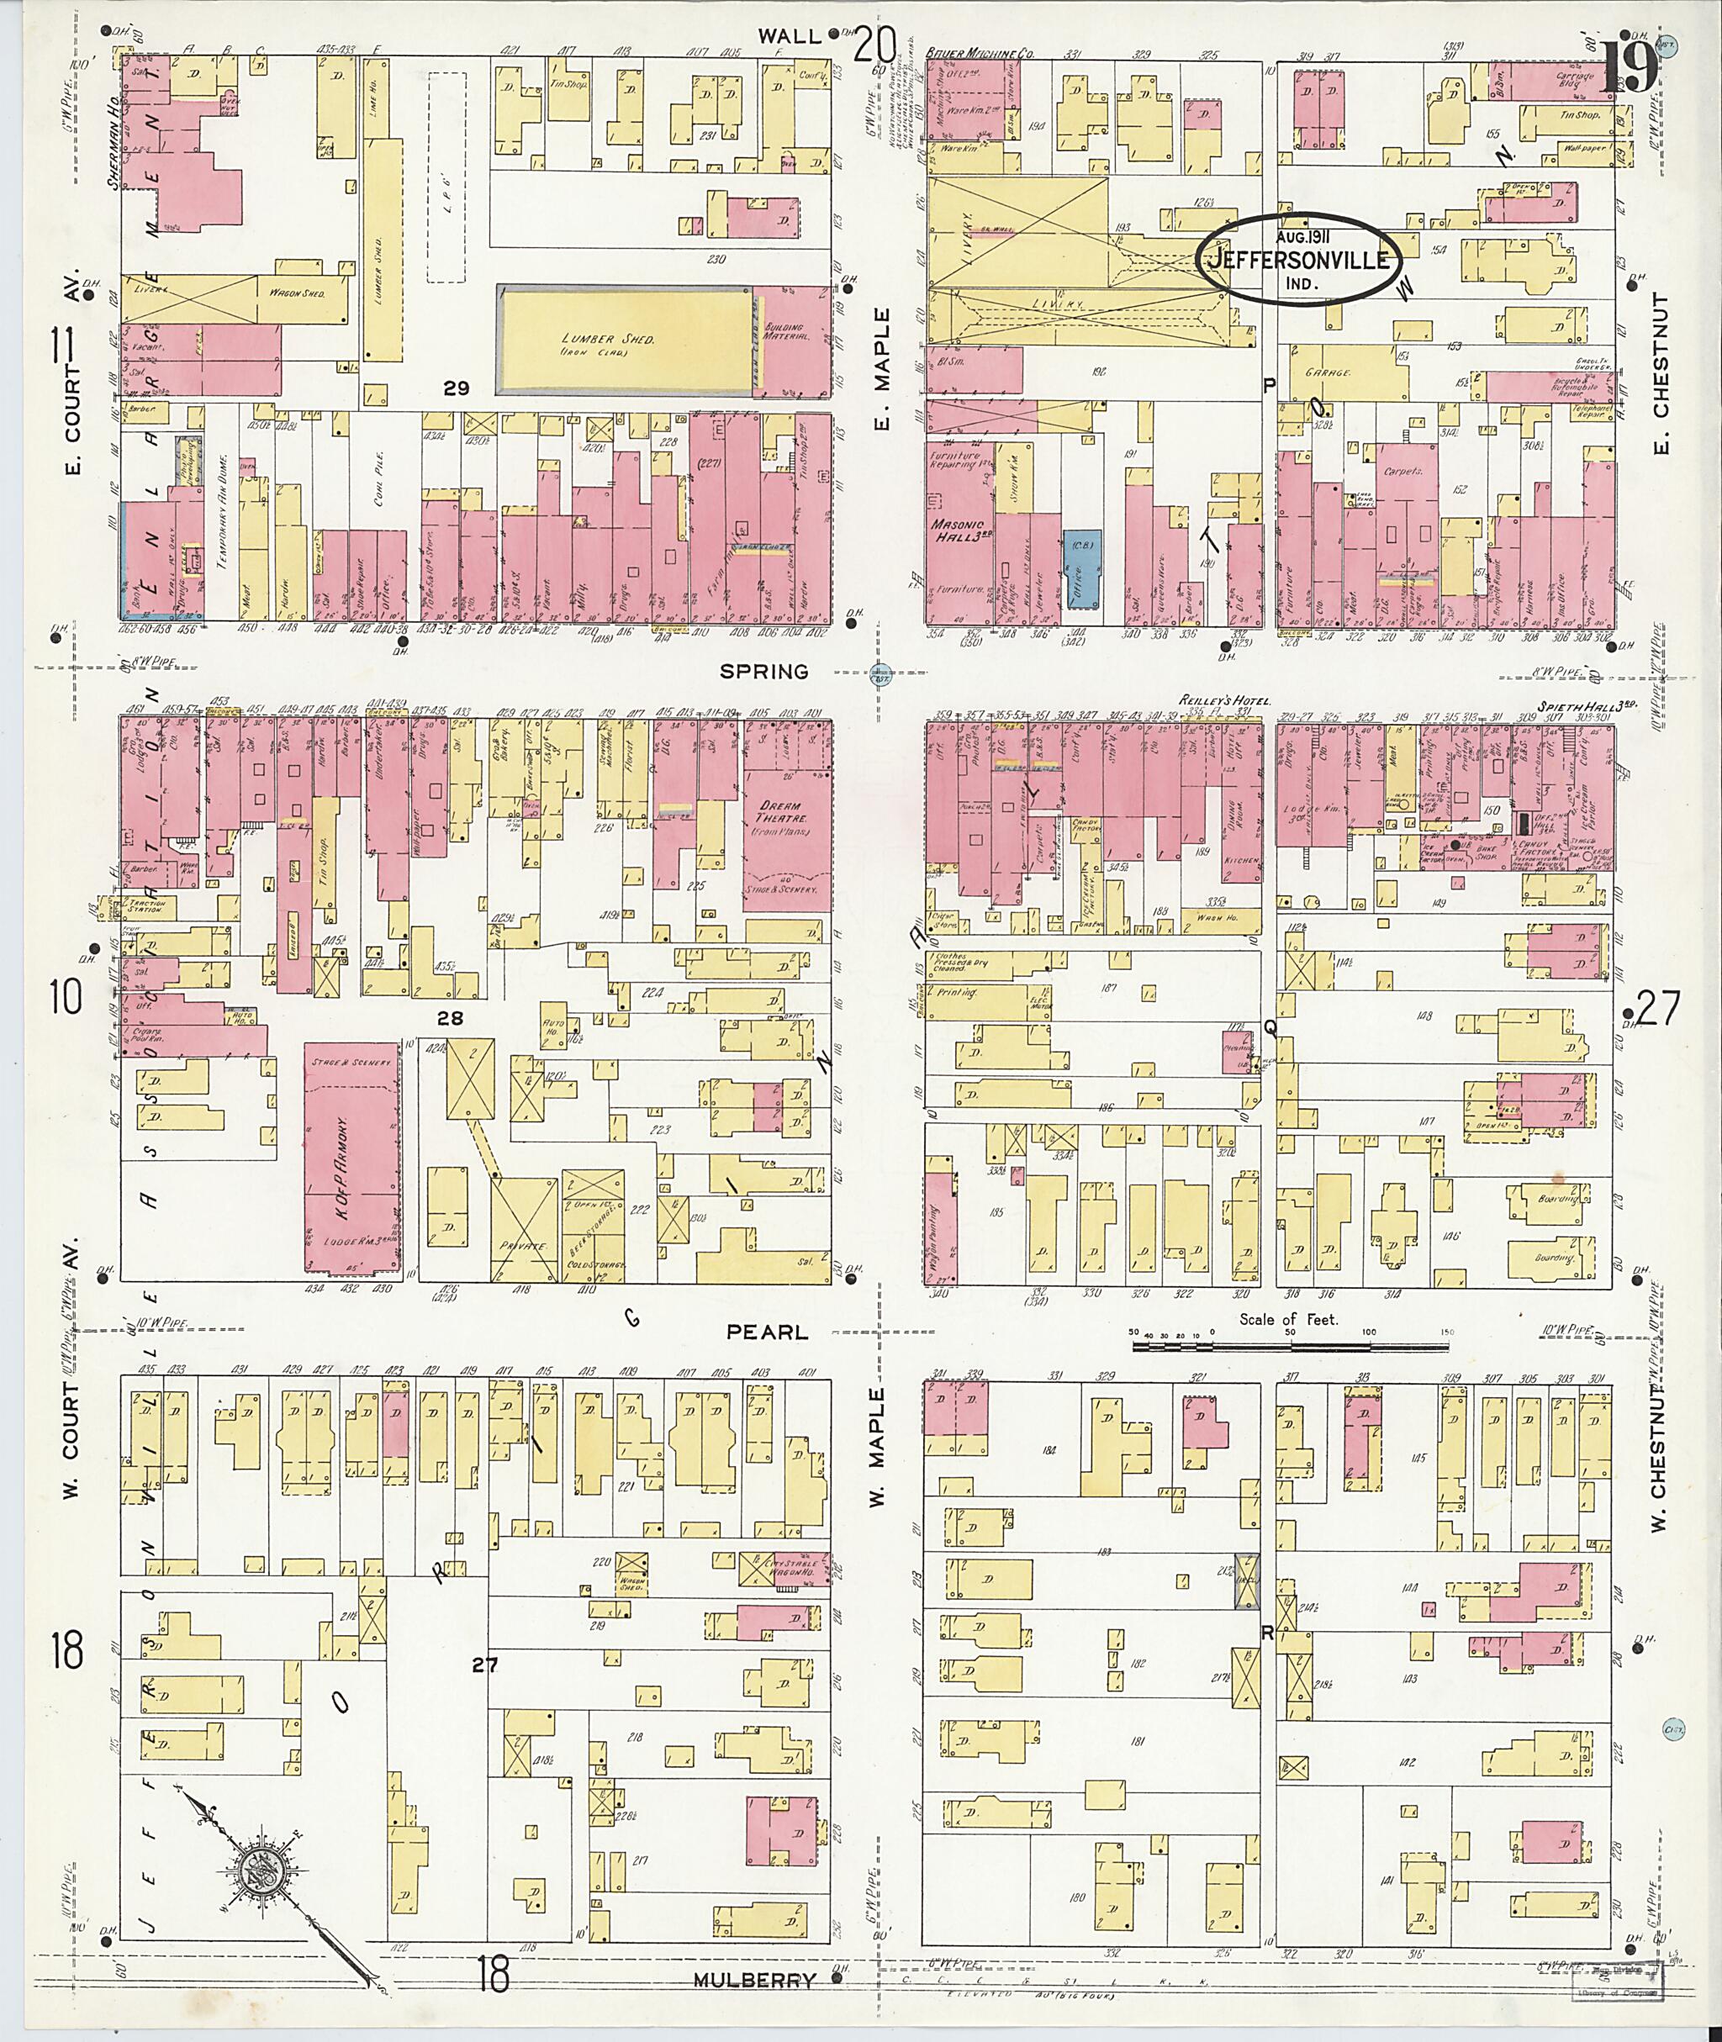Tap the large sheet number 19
point(1629,68)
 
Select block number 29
point(456,388)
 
